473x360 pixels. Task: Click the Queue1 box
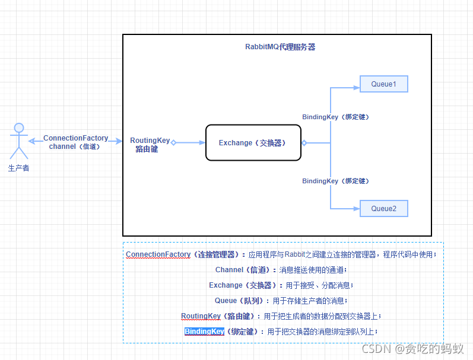pos(384,84)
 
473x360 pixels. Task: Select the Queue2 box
pos(384,208)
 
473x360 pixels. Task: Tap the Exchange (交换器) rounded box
pos(253,142)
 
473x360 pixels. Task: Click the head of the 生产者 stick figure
pos(19,128)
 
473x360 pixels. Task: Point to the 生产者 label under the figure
pos(19,168)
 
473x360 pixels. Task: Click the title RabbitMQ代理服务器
pos(280,47)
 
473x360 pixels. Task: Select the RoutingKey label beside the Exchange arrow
pos(150,141)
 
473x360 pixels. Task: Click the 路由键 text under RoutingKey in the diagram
pos(147,149)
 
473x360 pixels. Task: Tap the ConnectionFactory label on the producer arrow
pos(76,138)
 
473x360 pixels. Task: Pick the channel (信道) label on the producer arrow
pos(75,146)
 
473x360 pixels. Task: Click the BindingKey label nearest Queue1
pos(335,117)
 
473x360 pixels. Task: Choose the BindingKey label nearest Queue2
pos(335,181)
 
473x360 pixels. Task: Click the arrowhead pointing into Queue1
pos(357,88)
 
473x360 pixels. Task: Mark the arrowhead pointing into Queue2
pos(357,208)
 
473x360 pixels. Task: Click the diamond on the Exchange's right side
pos(304,143)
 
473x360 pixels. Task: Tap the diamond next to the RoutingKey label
pos(173,142)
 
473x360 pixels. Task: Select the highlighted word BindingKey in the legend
pos(205,332)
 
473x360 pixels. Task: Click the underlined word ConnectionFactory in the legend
pos(158,254)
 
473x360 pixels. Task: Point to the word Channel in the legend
pos(229,270)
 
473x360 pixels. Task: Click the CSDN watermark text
pos(412,349)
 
